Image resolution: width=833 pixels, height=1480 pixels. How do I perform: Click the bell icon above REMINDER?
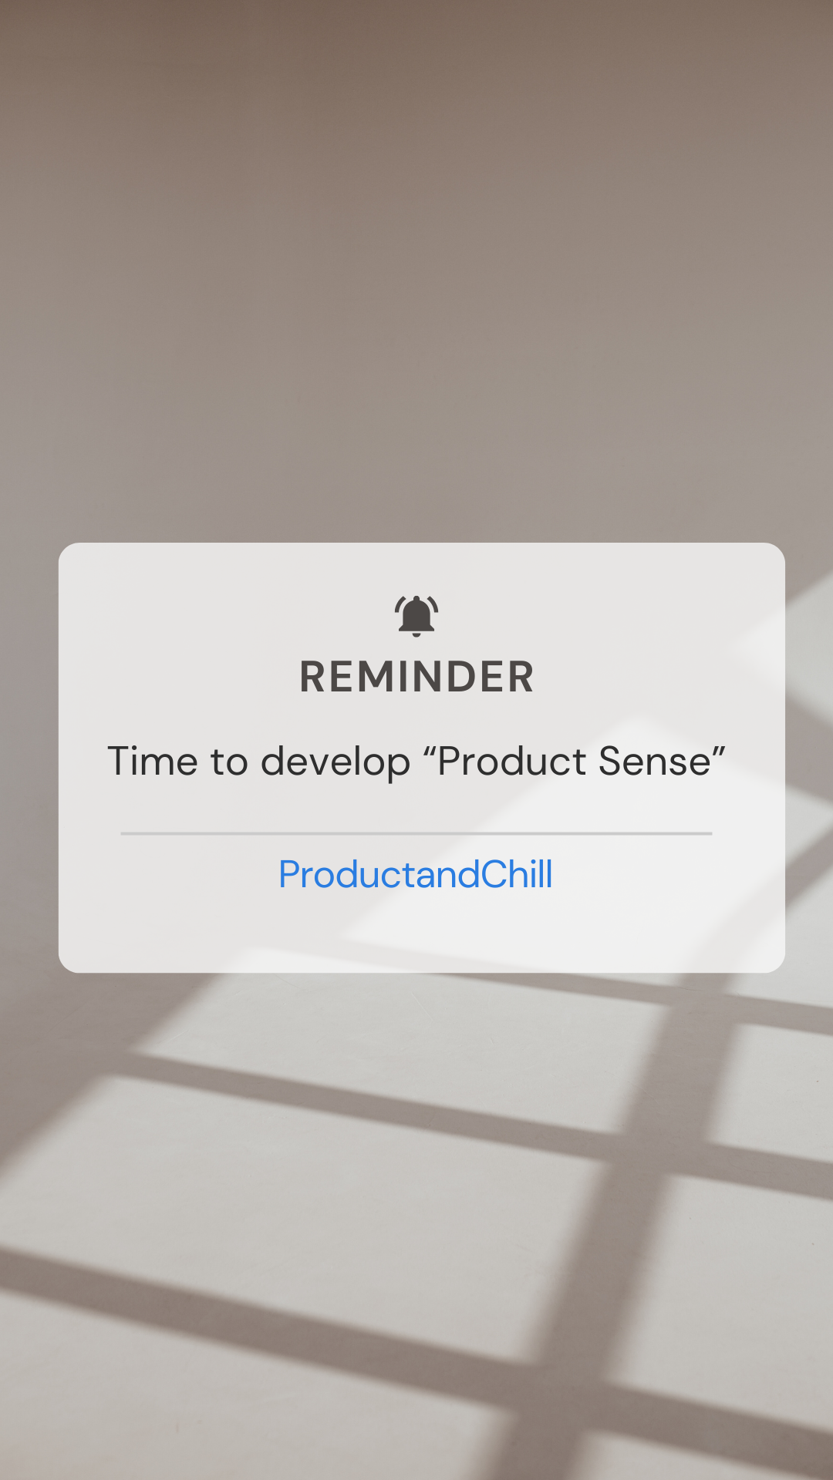(416, 614)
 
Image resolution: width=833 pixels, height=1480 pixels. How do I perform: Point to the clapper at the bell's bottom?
(416, 634)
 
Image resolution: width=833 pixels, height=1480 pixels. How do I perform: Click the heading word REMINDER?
(416, 677)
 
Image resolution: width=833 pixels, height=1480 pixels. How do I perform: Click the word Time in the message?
(153, 762)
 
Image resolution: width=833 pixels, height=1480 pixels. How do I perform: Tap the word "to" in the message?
(229, 762)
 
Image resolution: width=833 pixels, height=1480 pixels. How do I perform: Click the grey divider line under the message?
(416, 833)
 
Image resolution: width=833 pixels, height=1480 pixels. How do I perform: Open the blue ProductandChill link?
(416, 874)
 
